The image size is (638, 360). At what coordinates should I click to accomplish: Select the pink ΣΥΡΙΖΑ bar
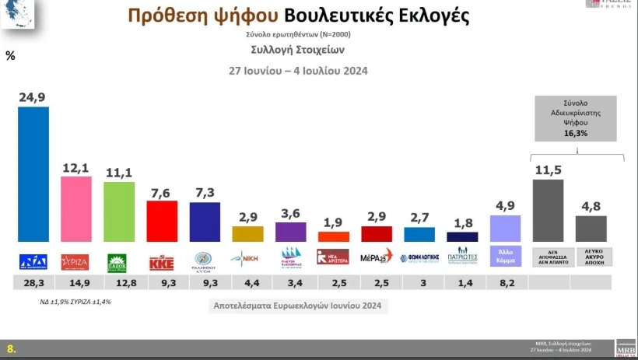(76, 208)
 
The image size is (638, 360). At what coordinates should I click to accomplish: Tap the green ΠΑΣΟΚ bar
(119, 211)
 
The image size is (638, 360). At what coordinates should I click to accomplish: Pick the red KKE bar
(162, 222)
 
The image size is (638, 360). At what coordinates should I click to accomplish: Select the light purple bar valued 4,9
(505, 229)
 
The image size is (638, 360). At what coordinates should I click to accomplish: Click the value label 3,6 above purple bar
(290, 212)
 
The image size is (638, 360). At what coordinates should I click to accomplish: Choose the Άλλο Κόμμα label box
(505, 255)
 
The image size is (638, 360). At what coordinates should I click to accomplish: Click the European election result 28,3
(33, 283)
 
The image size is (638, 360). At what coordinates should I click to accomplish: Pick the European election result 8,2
(505, 283)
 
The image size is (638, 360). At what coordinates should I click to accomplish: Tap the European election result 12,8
(119, 283)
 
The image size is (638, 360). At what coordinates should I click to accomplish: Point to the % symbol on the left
(10, 55)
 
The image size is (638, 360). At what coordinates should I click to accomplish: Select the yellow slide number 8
(10, 349)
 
